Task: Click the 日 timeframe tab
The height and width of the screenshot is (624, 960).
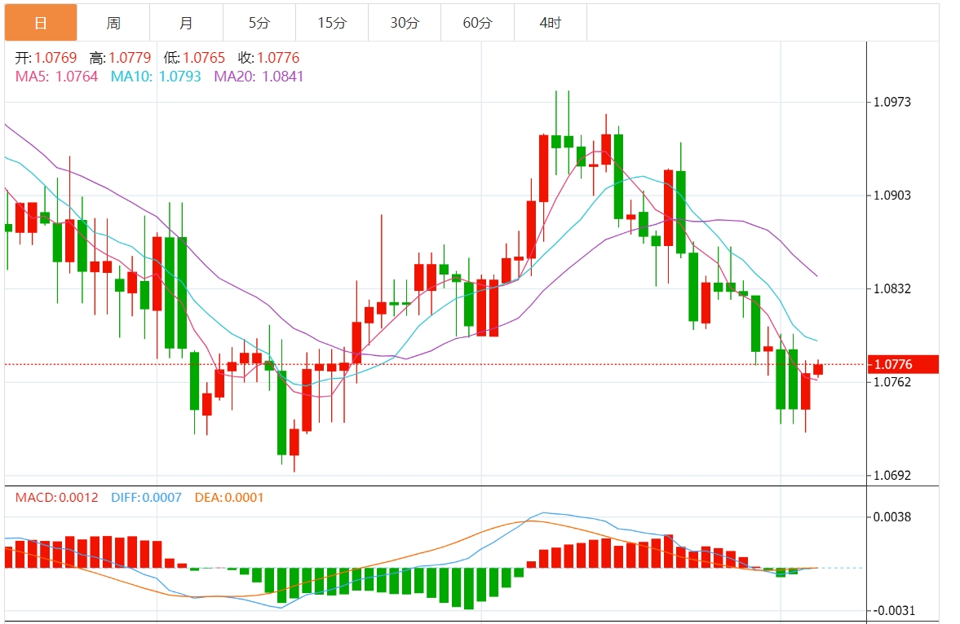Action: point(41,23)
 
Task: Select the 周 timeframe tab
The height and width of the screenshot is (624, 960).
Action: point(113,23)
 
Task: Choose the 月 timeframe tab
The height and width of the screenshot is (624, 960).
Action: point(186,23)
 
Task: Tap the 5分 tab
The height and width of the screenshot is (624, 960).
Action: point(259,23)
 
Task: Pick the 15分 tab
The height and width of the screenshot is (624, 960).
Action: point(332,23)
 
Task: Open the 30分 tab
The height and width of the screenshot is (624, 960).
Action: point(405,23)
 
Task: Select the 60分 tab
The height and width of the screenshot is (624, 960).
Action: point(477,23)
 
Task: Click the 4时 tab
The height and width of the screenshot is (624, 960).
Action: point(551,23)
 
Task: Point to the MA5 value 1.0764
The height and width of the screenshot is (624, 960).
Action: point(76,77)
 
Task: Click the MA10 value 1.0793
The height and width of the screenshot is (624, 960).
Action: point(179,77)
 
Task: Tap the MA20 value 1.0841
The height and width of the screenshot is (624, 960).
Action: point(281,77)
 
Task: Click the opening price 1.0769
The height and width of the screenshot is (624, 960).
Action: point(55,58)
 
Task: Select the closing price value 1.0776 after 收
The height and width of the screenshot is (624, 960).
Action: point(279,58)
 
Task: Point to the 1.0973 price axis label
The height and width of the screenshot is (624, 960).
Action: point(892,102)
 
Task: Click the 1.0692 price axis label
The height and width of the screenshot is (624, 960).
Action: point(892,475)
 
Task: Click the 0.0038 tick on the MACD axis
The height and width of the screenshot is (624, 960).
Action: point(892,516)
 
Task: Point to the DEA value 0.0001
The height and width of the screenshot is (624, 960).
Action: point(244,497)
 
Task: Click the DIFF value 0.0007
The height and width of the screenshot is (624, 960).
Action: point(161,497)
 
